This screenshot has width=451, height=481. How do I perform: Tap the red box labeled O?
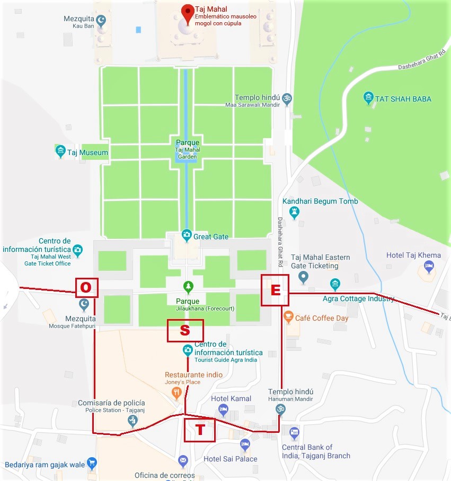86,287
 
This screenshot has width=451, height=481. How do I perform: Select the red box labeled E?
275,290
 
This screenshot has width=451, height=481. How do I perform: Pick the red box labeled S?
185,330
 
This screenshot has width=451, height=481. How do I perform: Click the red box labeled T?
200,430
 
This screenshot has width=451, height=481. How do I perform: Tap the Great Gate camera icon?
187,234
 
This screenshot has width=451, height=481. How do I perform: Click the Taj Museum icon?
60,151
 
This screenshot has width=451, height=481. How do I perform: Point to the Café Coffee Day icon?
289,317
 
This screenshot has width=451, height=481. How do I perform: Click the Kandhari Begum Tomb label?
320,201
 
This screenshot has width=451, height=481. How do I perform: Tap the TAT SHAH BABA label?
403,98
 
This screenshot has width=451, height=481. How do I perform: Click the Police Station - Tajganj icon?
132,421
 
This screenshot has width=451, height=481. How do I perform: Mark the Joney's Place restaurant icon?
177,393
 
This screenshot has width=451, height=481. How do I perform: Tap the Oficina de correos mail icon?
183,461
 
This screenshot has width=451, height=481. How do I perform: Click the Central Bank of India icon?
295,434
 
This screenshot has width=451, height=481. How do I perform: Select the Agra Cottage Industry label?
359,298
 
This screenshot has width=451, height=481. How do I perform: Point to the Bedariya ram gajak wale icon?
92,464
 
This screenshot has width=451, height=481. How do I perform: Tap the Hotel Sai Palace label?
231,459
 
